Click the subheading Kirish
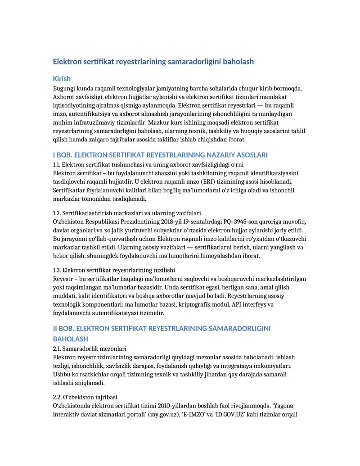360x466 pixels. click(62, 79)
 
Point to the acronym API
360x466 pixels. click(237, 305)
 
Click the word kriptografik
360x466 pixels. click(195, 305)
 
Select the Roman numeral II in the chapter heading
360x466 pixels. click(56, 329)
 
